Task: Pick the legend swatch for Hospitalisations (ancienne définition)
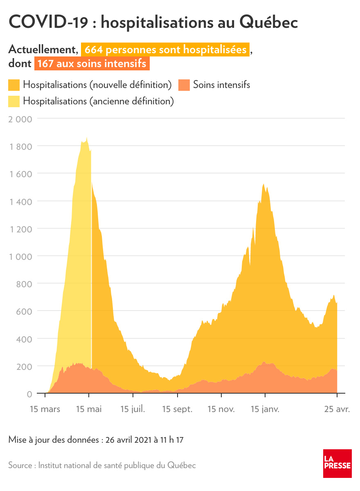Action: click(14, 101)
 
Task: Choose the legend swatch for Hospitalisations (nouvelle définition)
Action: click(14, 85)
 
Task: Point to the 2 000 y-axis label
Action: click(20, 119)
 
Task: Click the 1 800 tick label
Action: click(20, 146)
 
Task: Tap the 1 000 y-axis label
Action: click(20, 257)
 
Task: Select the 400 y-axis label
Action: click(24, 339)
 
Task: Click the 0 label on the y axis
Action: click(29, 394)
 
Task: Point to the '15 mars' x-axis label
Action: click(45, 409)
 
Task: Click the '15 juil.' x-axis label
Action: click(133, 409)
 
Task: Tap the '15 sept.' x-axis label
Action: click(177, 409)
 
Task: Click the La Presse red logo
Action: click(337, 463)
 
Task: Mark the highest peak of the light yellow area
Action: click(87, 138)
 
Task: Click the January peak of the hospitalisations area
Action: click(263, 185)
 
